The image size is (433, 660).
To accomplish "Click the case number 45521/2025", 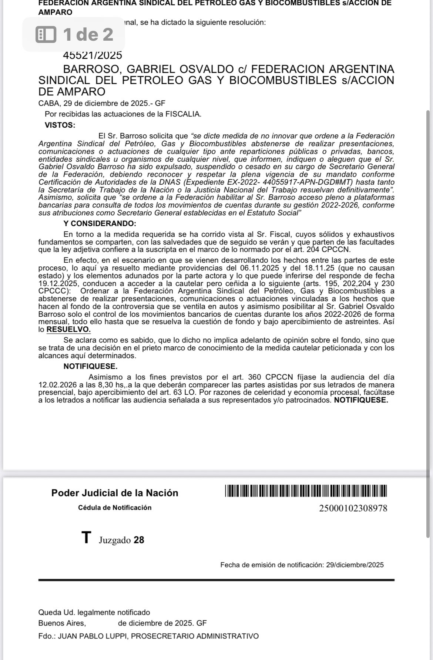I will (x=93, y=55).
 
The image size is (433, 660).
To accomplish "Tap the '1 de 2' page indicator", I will (x=74, y=34).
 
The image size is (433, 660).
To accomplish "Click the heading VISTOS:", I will (x=60, y=125).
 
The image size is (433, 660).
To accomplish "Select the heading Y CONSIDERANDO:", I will (x=100, y=223).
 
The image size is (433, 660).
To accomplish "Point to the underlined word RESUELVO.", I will (x=68, y=329).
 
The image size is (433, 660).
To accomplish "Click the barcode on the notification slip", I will (x=306, y=491).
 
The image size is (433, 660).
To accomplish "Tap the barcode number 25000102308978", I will (x=353, y=508).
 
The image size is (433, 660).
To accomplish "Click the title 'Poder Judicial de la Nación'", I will (x=115, y=493).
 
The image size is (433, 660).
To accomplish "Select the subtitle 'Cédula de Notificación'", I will (x=115, y=508).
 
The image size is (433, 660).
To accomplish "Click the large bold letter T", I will (x=86, y=538).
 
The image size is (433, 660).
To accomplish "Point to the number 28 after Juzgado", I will (x=139, y=540).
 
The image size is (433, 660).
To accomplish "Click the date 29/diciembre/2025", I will (x=355, y=565).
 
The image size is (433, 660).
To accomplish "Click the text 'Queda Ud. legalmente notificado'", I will (x=94, y=613).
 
